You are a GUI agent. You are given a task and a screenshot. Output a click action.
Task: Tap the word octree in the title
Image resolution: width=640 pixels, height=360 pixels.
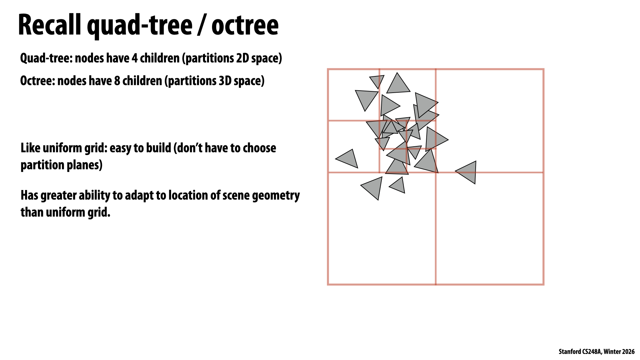(245, 26)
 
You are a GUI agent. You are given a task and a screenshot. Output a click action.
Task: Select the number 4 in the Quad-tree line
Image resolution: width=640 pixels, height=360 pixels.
(134, 58)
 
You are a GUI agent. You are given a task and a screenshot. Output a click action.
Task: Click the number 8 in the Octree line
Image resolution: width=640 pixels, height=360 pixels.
(117, 81)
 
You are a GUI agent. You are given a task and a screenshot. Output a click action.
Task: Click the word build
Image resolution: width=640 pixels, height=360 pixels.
(158, 148)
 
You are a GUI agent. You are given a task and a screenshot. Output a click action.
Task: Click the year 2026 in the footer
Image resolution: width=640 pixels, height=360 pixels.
(628, 352)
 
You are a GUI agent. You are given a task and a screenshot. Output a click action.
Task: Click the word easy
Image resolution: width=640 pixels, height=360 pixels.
(120, 148)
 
